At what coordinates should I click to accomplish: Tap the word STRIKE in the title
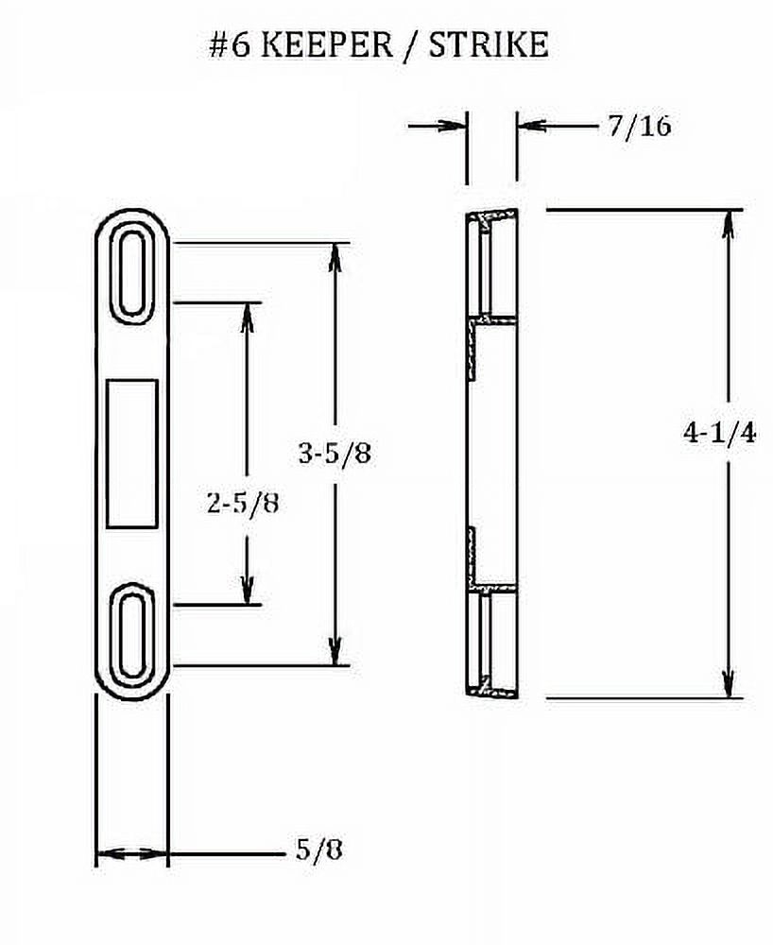(x=489, y=46)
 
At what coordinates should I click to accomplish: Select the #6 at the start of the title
(x=231, y=46)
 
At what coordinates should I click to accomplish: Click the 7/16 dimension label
(x=639, y=126)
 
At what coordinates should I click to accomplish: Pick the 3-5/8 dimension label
(x=334, y=454)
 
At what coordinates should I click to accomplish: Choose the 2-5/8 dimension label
(x=243, y=502)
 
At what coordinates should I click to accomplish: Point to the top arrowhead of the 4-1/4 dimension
(x=728, y=222)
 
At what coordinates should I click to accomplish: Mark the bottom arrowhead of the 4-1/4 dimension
(x=728, y=685)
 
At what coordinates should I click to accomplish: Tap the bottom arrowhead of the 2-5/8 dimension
(x=249, y=591)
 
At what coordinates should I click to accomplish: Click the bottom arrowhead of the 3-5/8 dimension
(x=334, y=652)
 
